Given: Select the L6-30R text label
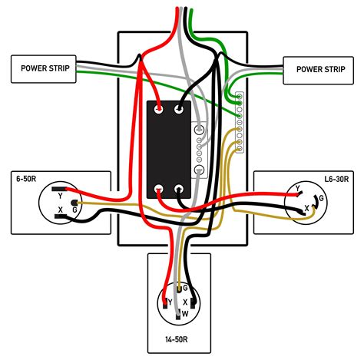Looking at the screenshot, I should pyautogui.click(x=335, y=178).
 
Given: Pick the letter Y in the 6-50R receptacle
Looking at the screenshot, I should pyautogui.click(x=61, y=194).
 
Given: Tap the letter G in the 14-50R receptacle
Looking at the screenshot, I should pyautogui.click(x=185, y=289).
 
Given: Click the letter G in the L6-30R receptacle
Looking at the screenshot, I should pyautogui.click(x=320, y=198).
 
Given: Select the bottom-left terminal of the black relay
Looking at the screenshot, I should pyautogui.click(x=159, y=189).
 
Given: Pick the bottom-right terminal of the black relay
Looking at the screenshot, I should pyautogui.click(x=181, y=189).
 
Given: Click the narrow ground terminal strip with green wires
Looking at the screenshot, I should pyautogui.click(x=239, y=123).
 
